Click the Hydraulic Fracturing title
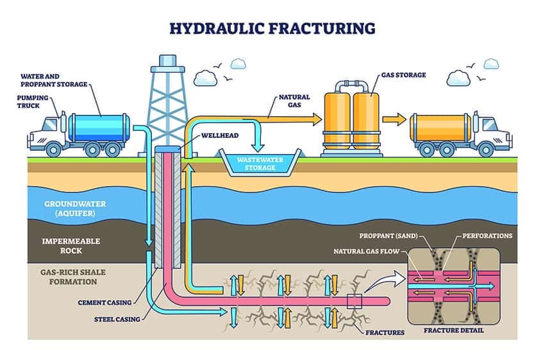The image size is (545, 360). [272, 28]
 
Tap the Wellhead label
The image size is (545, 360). [221, 136]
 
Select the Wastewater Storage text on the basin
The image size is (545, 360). [256, 163]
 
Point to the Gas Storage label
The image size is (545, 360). [403, 75]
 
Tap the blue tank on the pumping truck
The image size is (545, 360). [99, 128]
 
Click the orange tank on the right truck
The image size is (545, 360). [441, 128]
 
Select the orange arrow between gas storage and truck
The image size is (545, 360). [394, 118]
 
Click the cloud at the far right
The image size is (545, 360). [491, 64]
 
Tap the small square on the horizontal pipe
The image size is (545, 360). [355, 301]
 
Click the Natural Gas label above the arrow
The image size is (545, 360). [294, 101]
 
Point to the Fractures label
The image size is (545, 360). [387, 332]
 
